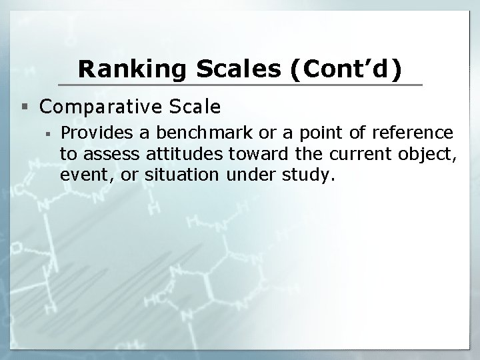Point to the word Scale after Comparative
point(198,107)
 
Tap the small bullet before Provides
point(51,133)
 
